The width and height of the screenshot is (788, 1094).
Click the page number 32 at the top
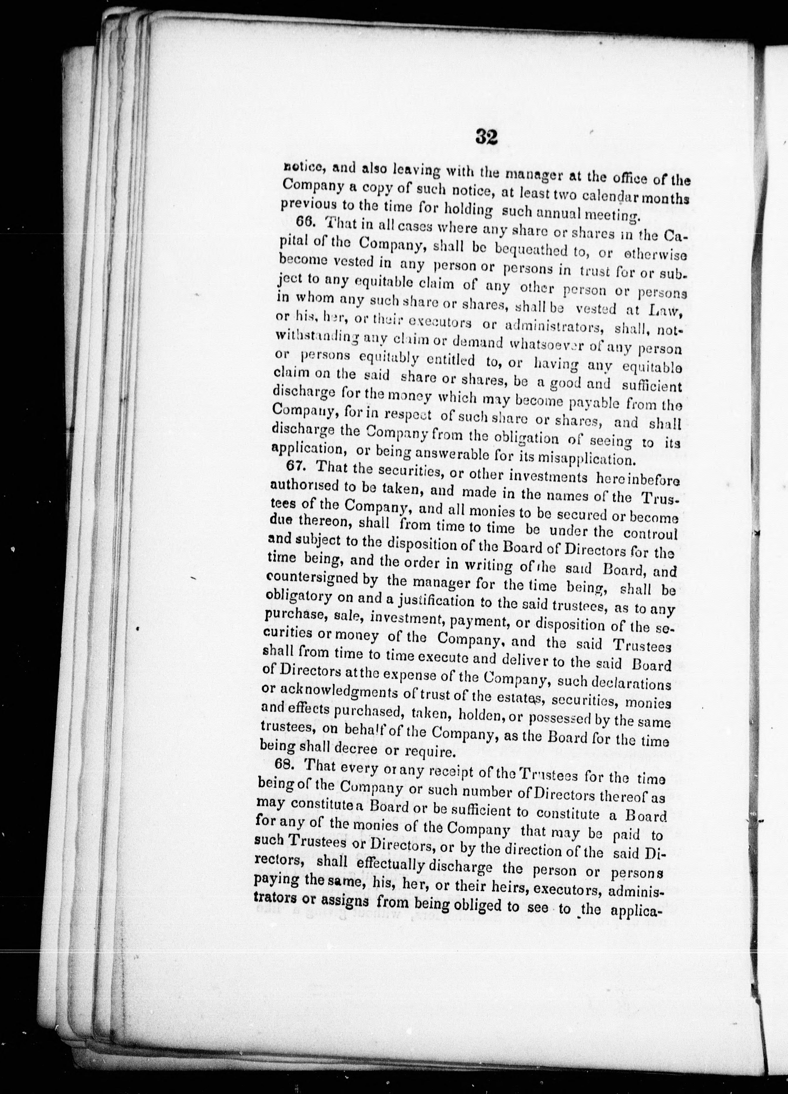[486, 137]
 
